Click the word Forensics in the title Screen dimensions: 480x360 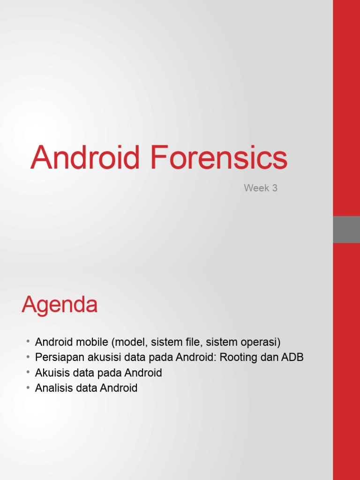coord(218,157)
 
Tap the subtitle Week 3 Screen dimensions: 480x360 coord(261,188)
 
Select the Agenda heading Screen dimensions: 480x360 coord(60,306)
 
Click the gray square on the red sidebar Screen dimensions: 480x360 coord(346,229)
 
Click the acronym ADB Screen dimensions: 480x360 coord(292,357)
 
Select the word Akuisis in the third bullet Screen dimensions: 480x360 coord(51,373)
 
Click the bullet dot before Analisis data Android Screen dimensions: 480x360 coord(28,388)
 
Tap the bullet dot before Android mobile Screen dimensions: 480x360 coord(28,342)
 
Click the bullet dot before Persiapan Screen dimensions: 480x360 coord(28,357)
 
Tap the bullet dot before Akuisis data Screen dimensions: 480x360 coord(28,373)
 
